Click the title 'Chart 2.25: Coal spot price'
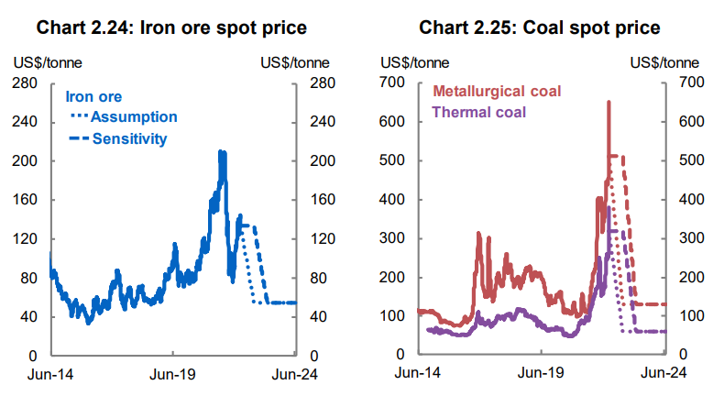click(539, 27)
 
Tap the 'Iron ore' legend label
click(93, 96)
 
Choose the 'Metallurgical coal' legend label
click(496, 92)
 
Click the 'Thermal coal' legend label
click(477, 113)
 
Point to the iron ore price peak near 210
click(221, 152)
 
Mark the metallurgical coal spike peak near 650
click(609, 103)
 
